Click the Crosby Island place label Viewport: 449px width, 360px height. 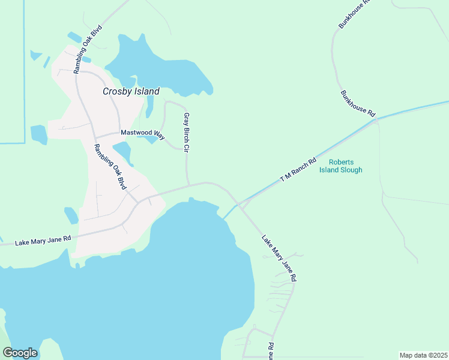pyautogui.click(x=131, y=92)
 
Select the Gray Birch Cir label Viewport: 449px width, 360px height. pyautogui.click(x=187, y=132)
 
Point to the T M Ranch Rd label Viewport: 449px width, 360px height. pyautogui.click(x=298, y=170)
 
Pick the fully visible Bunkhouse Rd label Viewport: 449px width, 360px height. pyautogui.click(x=358, y=104)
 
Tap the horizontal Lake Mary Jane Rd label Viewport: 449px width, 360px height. pyautogui.click(x=43, y=239)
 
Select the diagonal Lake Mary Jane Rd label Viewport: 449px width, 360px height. pyautogui.click(x=279, y=258)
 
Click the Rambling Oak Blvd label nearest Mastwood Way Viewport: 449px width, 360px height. pyautogui.click(x=110, y=167)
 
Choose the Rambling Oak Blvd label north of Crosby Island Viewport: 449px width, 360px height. pyautogui.click(x=89, y=49)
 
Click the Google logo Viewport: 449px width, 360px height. pyautogui.click(x=20, y=353)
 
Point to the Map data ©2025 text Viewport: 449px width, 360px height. pyautogui.click(x=423, y=355)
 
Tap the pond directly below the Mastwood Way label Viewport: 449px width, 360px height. pyautogui.click(x=122, y=152)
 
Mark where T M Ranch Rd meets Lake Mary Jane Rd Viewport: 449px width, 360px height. pyautogui.click(x=240, y=205)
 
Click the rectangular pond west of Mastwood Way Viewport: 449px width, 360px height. pyautogui.click(x=38, y=134)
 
